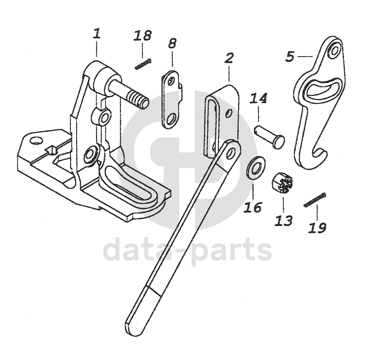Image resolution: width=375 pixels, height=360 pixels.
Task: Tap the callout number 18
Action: pyautogui.click(x=142, y=36)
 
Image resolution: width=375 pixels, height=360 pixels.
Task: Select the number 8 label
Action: pyautogui.click(x=172, y=43)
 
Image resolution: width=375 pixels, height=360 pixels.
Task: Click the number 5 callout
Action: pyautogui.click(x=290, y=57)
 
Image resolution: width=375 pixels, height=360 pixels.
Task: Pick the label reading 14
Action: pyautogui.click(x=258, y=99)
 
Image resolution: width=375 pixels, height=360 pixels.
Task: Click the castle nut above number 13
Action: pyautogui.click(x=282, y=183)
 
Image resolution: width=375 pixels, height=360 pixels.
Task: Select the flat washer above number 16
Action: pyautogui.click(x=256, y=167)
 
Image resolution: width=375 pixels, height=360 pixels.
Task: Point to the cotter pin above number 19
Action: pyautogui.click(x=315, y=199)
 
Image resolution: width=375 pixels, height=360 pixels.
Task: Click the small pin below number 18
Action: pyautogui.click(x=144, y=64)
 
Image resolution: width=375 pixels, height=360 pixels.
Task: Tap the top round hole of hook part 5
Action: pyautogui.click(x=334, y=50)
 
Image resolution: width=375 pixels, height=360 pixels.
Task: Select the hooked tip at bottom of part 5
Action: pyautogui.click(x=320, y=155)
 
